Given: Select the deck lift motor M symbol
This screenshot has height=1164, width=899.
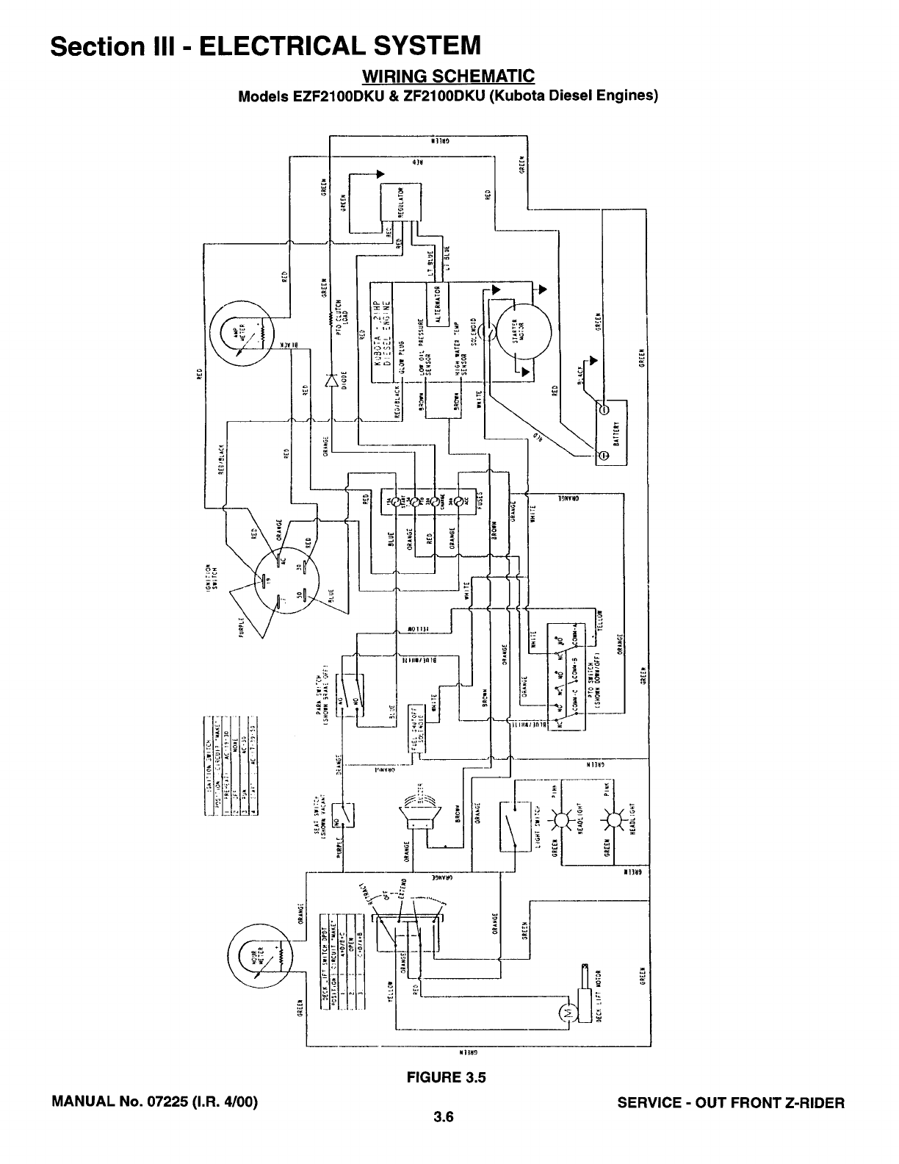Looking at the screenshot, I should coord(566,1014).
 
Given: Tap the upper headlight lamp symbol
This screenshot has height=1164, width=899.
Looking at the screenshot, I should coord(565,818).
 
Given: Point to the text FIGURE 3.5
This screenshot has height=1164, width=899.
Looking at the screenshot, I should coord(447,1078).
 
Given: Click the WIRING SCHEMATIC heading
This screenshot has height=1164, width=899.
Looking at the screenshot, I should coord(448,76).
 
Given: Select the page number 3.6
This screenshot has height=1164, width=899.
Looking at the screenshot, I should coord(445,1119).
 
